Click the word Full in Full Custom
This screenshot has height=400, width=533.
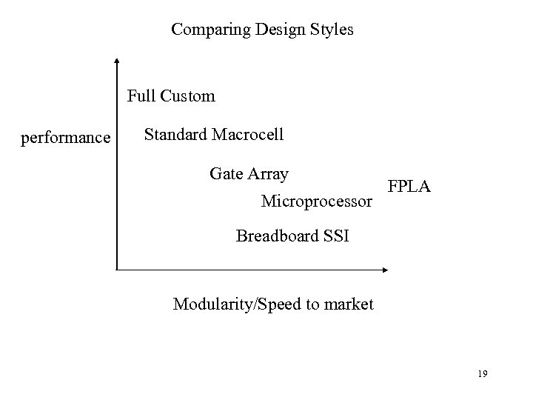point(140,96)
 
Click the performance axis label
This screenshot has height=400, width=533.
point(66,138)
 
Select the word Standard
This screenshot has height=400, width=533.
point(176,135)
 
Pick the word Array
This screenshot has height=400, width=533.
point(269,174)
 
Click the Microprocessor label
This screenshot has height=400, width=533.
point(317,201)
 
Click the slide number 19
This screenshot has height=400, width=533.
point(482,375)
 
